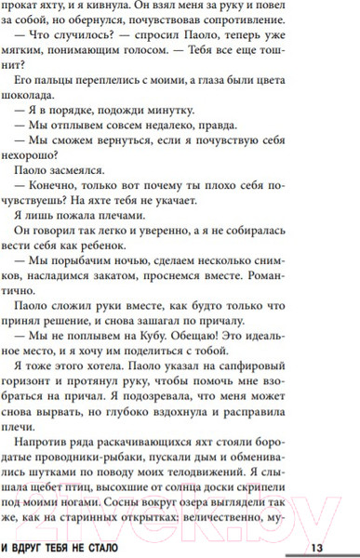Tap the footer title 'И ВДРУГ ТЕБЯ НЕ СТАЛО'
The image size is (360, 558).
point(84,547)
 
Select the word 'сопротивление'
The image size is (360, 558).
point(288,25)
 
